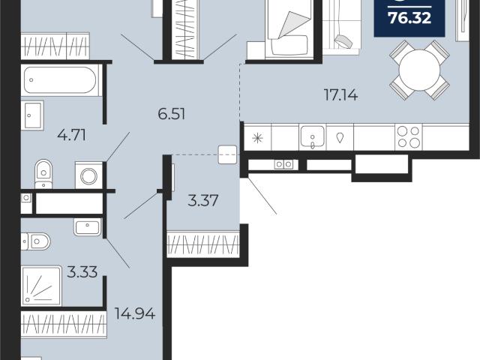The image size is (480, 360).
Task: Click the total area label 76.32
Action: pyautogui.click(x=410, y=18)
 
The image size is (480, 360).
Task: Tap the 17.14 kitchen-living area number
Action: pyautogui.click(x=340, y=94)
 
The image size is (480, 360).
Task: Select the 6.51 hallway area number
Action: pyautogui.click(x=172, y=114)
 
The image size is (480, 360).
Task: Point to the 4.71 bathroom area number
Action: pyautogui.click(x=72, y=135)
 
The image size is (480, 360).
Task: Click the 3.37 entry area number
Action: pyautogui.click(x=203, y=201)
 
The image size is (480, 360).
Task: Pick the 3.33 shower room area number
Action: pyautogui.click(x=82, y=271)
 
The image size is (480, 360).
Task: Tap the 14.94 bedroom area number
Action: pyautogui.click(x=135, y=313)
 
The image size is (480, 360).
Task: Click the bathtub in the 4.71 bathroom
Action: pyautogui.click(x=60, y=80)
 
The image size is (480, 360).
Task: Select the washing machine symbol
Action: pyautogui.click(x=88, y=175)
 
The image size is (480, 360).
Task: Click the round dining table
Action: pyautogui.click(x=419, y=70)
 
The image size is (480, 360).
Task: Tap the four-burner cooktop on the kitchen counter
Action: pyautogui.click(x=408, y=137)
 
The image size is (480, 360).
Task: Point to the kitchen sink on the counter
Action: pyautogui.click(x=312, y=136)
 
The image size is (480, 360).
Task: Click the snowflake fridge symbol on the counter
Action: pyautogui.click(x=258, y=138)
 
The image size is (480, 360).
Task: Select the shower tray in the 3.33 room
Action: pyautogui.click(x=41, y=286)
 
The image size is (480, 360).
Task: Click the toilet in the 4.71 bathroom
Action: pyautogui.click(x=43, y=173)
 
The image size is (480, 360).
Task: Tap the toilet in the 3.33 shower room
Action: pyautogui.click(x=35, y=241)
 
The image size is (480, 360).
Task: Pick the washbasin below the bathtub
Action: pyautogui.click(x=32, y=115)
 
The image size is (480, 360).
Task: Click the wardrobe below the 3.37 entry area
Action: pyautogui.click(x=203, y=244)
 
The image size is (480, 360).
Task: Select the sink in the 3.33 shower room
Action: pyautogui.click(x=87, y=226)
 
